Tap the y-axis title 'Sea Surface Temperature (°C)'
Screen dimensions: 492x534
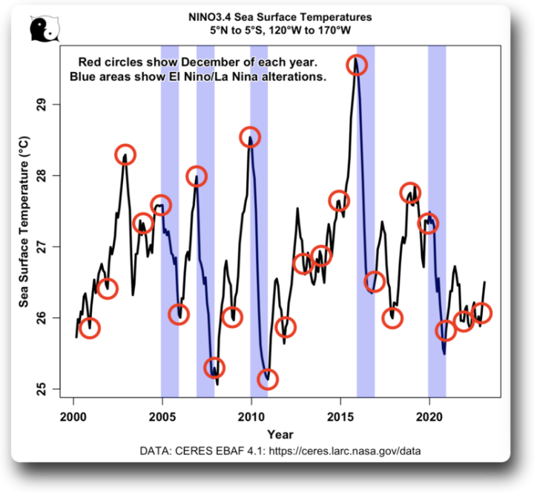click(x=25, y=223)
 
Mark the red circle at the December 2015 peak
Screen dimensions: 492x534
click(x=357, y=65)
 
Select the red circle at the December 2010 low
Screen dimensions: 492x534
click(x=268, y=379)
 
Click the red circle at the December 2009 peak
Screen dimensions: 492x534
click(x=251, y=137)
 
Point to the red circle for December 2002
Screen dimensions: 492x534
click(x=125, y=154)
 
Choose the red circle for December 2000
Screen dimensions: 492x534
click(x=90, y=328)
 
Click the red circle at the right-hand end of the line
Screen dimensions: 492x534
click(x=481, y=313)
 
